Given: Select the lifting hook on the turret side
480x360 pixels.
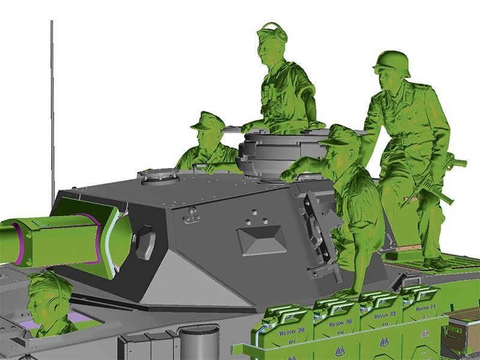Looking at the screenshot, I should [x=191, y=214].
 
